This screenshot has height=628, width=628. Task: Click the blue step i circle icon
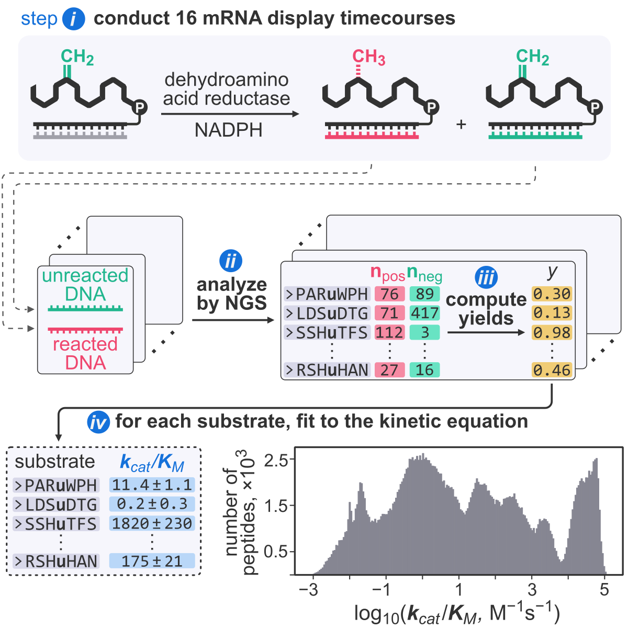[x=74, y=19]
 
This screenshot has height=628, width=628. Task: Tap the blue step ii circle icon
[x=231, y=261]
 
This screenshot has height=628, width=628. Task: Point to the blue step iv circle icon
[x=98, y=422]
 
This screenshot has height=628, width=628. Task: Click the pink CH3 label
[x=368, y=57]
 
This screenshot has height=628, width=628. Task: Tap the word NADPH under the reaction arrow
[x=229, y=130]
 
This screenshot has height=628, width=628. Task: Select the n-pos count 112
[x=389, y=332]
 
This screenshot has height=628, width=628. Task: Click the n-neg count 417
[x=424, y=313]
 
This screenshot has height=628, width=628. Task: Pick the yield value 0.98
[x=552, y=332]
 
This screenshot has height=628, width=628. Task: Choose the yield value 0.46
[x=552, y=370]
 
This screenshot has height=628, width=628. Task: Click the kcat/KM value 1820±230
[x=152, y=523]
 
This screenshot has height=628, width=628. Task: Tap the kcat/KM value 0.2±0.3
[x=152, y=504]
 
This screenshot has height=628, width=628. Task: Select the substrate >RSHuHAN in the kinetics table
[x=56, y=561]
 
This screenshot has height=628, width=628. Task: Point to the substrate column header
[x=55, y=462]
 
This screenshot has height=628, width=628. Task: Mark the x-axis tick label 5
[x=604, y=590]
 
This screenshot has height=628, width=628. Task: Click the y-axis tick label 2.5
[x=276, y=461]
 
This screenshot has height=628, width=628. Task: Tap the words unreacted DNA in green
[x=85, y=284]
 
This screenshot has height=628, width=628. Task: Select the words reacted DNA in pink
[x=85, y=353]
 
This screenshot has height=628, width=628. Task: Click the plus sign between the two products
[x=461, y=125]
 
